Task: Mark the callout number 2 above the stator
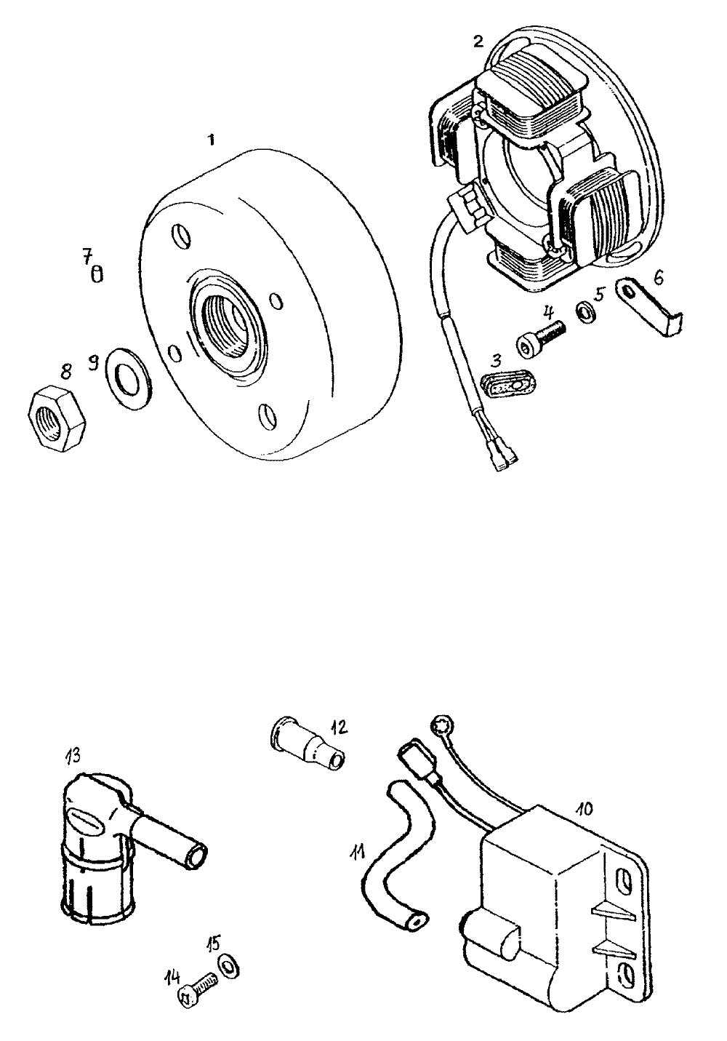[x=477, y=41]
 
